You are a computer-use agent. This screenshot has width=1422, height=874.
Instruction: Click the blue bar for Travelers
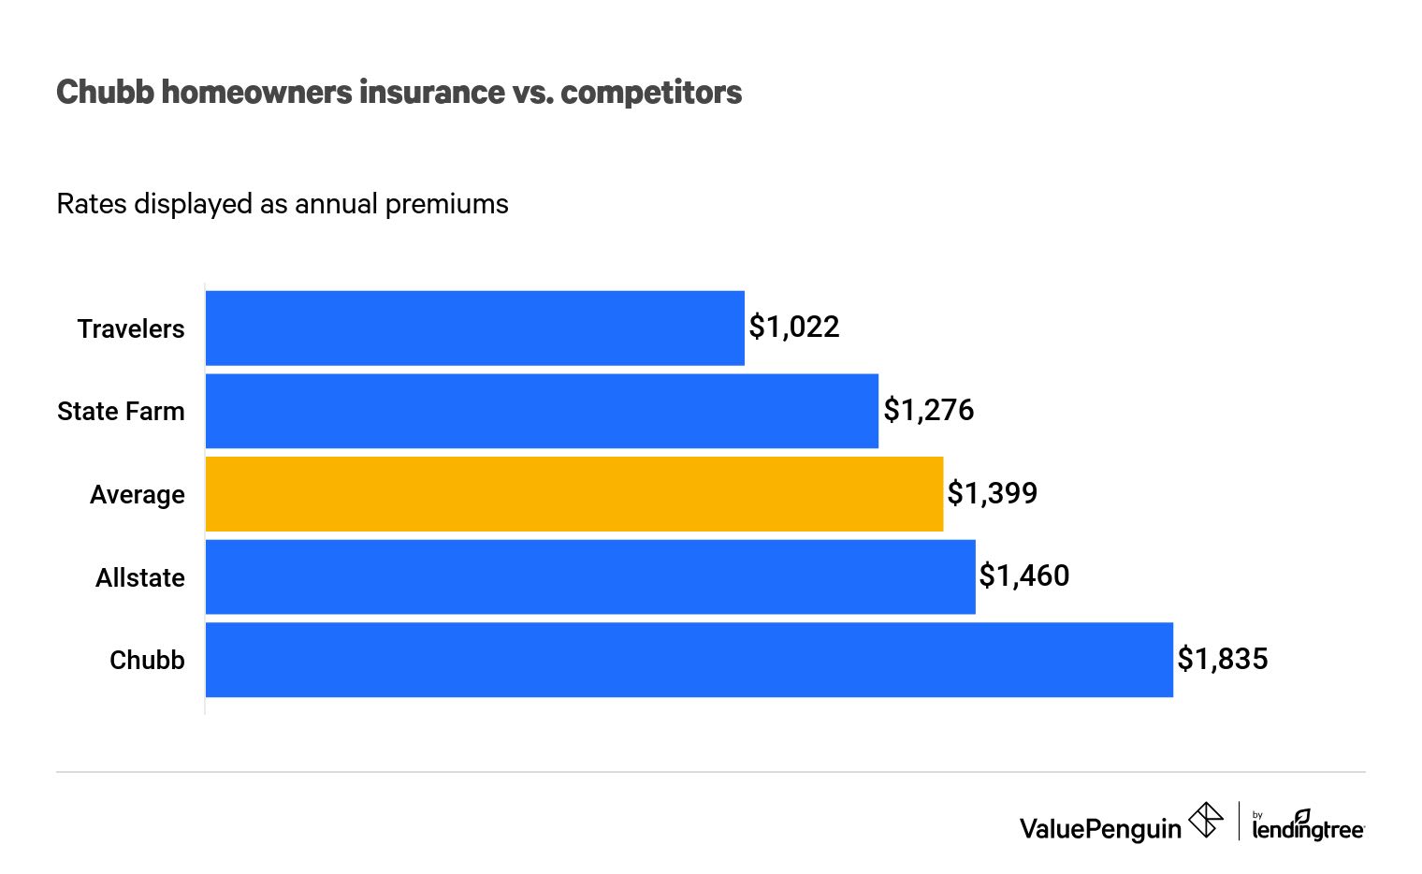(x=474, y=328)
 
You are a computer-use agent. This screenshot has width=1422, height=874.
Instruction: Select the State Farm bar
(x=542, y=411)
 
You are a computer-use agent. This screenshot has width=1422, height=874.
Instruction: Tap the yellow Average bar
(x=573, y=494)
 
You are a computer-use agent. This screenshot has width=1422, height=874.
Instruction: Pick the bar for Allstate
(x=589, y=576)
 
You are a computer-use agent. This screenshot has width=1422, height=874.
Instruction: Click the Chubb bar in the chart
(x=689, y=660)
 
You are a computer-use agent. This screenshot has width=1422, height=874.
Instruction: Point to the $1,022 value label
(x=794, y=328)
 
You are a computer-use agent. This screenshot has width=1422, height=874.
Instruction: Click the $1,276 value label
(x=929, y=410)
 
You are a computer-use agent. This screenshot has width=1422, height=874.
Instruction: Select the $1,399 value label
(x=992, y=493)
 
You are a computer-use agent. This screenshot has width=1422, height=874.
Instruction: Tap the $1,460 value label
(x=1023, y=575)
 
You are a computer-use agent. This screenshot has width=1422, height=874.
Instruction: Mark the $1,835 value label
(x=1222, y=659)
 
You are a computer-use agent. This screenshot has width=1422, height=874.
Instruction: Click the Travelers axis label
(x=131, y=329)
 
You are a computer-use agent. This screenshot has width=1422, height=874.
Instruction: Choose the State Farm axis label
(x=121, y=412)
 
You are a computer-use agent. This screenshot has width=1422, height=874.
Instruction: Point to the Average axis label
(x=138, y=495)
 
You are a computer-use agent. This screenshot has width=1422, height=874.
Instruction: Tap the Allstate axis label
(x=140, y=578)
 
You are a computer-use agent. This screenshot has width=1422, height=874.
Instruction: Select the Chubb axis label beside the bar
(x=147, y=661)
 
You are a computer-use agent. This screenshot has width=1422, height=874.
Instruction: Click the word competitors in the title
(x=651, y=93)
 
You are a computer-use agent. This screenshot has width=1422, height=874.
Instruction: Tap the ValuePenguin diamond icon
(x=1206, y=821)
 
